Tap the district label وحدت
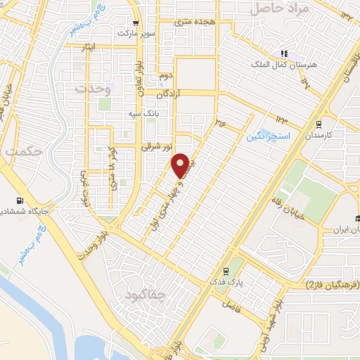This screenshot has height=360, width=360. (x=93, y=89)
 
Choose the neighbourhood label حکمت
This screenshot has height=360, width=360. (x=22, y=151)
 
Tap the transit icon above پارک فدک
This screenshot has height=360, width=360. (x=225, y=271)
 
